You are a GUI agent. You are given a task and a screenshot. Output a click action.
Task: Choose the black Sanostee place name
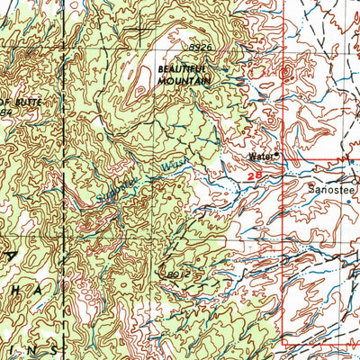click(x=328, y=191)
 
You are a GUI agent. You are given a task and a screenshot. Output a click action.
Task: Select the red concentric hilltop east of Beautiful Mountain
click(x=287, y=71)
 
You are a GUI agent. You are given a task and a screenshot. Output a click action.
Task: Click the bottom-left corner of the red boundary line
click(x=284, y=342)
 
